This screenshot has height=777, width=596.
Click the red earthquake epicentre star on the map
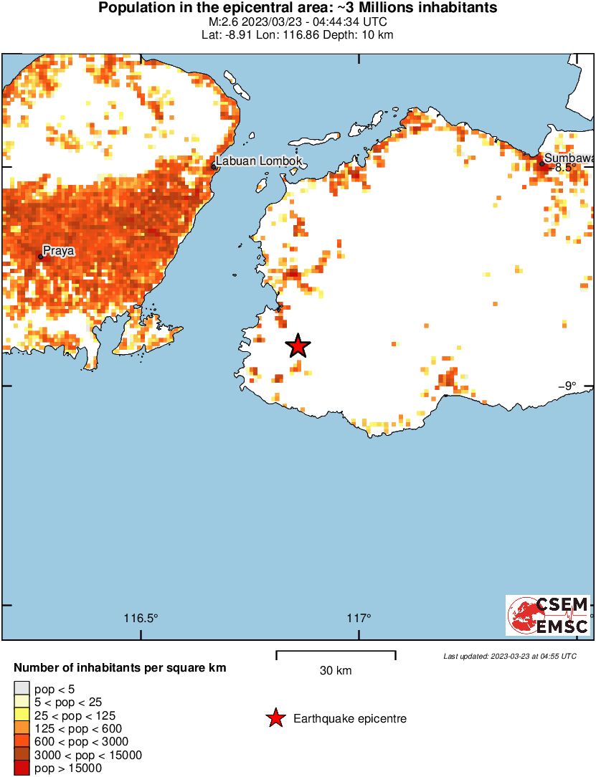[x=298, y=346]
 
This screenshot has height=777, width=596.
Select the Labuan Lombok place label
[x=259, y=161]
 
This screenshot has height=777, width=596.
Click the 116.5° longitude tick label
[x=141, y=618]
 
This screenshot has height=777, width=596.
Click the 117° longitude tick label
[x=359, y=618]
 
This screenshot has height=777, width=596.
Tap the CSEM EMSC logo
[x=548, y=615]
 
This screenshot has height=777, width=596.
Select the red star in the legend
[x=275, y=718]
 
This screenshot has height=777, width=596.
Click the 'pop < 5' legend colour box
[x=22, y=690]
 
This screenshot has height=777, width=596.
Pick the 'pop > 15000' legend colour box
[x=22, y=768]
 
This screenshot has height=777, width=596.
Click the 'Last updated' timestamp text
[x=509, y=656]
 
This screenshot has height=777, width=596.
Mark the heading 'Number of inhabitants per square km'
[x=120, y=668]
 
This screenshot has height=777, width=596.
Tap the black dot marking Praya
[x=41, y=256]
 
